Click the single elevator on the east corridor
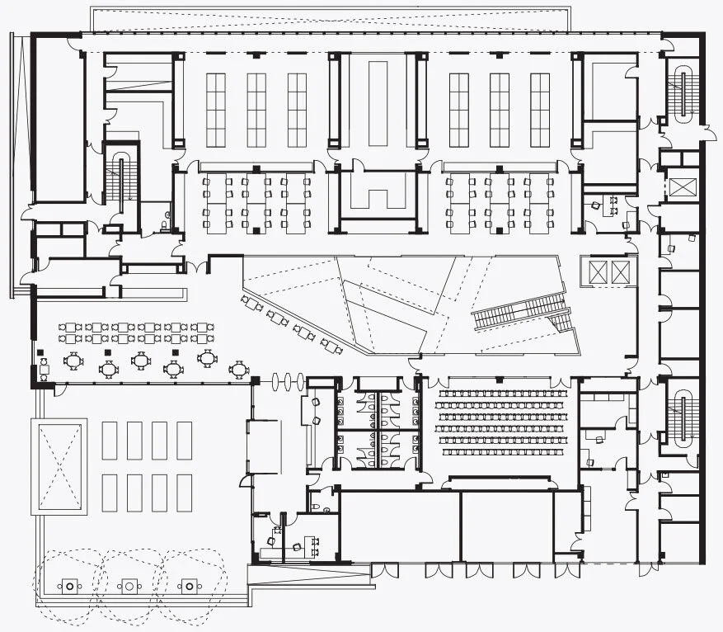click(682, 186)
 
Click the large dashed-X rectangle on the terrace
click(59, 466)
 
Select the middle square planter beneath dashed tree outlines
click(129, 586)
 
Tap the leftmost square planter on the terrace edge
click(69, 586)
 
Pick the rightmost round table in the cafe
click(239, 368)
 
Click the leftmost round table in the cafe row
click(74, 360)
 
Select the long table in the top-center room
click(378, 102)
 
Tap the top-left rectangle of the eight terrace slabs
click(110, 441)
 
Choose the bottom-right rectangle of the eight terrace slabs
click(184, 493)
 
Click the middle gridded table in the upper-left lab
click(256, 110)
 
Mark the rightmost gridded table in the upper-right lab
click(540, 110)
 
